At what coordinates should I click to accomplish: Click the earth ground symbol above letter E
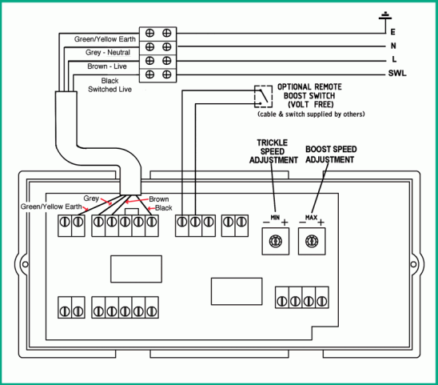[385, 16]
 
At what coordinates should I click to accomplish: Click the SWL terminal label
[397, 74]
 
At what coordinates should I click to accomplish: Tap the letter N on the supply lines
[393, 46]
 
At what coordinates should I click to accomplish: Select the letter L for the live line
[394, 59]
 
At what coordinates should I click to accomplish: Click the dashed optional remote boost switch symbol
[263, 97]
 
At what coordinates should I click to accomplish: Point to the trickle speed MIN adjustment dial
[276, 241]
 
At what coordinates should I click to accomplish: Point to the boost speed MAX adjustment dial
[312, 241]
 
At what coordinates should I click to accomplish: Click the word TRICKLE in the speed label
[272, 142]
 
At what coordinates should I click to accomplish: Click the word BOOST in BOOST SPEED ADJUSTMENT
[317, 149]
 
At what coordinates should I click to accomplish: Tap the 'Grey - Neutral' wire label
[108, 52]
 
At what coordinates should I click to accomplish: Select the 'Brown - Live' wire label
[107, 66]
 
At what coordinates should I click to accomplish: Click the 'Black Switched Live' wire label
[109, 85]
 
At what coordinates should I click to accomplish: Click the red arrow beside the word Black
[151, 208]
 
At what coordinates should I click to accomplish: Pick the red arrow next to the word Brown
[137, 201]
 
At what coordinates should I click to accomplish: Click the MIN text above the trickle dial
[275, 218]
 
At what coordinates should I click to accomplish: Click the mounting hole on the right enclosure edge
[413, 264]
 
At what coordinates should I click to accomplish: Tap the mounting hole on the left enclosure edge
[25, 264]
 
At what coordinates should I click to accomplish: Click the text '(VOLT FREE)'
[311, 105]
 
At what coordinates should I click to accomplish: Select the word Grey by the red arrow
[91, 199]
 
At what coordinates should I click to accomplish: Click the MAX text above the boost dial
[311, 218]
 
